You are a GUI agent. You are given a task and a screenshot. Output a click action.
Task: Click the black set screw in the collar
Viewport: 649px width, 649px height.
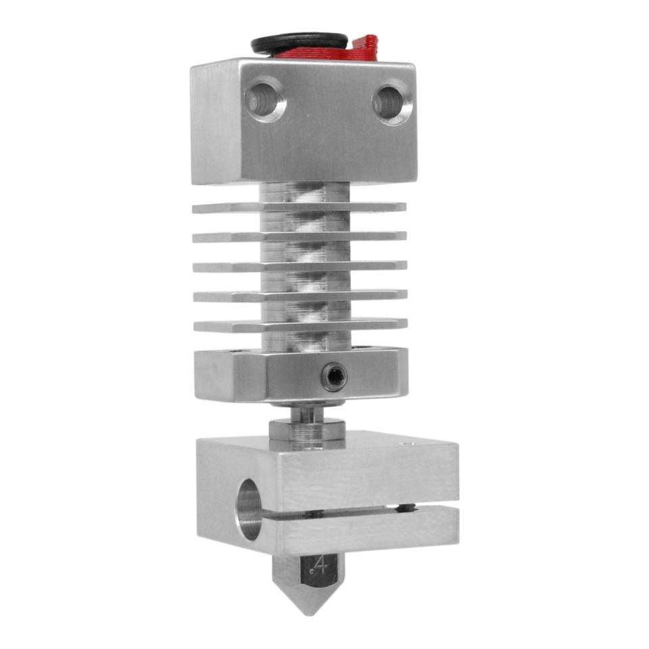click(334, 377)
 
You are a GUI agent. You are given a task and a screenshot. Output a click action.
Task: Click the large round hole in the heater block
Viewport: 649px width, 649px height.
click(249, 508)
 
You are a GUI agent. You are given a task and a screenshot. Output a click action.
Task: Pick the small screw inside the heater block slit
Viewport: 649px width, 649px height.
click(404, 508)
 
